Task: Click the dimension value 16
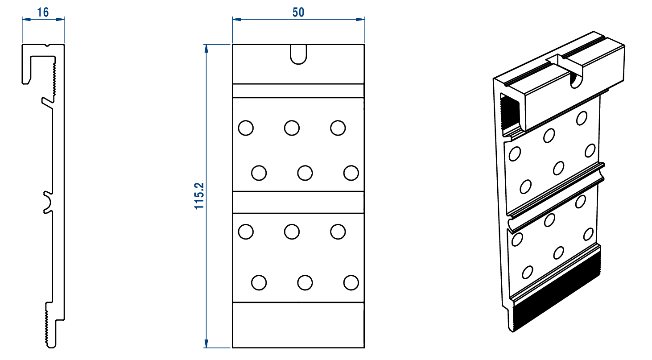click(x=43, y=12)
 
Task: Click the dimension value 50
click(x=298, y=12)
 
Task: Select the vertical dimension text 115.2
click(x=199, y=196)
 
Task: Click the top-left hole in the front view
click(x=246, y=128)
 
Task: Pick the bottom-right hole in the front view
click(x=351, y=282)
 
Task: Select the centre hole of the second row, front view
click(x=305, y=173)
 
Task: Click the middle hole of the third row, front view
click(x=292, y=232)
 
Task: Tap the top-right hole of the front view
click(x=338, y=128)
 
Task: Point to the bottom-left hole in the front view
click(x=259, y=282)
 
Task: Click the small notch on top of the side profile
click(x=47, y=45)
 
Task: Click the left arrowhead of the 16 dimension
click(x=26, y=20)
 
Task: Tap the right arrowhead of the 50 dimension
click(x=360, y=20)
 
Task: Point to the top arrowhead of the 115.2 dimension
click(x=206, y=49)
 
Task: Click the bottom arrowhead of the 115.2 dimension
click(x=206, y=343)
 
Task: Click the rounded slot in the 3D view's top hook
click(x=575, y=81)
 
